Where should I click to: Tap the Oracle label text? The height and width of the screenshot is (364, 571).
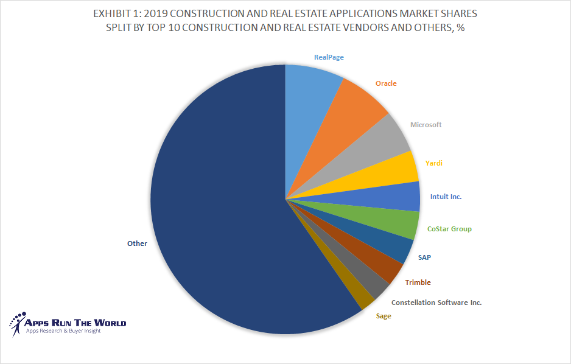tap(386, 83)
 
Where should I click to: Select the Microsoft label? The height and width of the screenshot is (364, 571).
tap(426, 125)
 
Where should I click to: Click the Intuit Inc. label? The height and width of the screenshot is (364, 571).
tap(446, 197)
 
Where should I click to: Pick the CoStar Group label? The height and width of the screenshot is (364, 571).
tap(449, 229)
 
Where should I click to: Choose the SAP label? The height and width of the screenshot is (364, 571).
tap(424, 257)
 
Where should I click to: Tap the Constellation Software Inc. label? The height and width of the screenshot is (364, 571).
tap(436, 303)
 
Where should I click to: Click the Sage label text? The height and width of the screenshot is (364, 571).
tap(384, 316)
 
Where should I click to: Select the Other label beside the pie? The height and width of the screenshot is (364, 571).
tap(137, 243)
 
